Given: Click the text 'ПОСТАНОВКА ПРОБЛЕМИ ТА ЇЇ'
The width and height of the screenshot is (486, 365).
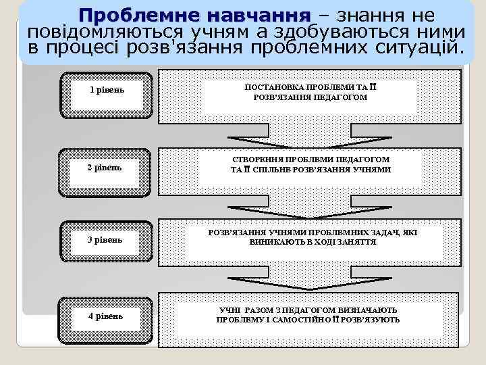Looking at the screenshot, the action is pyautogui.click(x=310, y=88).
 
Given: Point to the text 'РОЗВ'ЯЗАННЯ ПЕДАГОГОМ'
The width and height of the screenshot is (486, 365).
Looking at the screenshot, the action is pyautogui.click(x=310, y=98).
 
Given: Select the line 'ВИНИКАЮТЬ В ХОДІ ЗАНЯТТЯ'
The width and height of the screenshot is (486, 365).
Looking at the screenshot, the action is pyautogui.click(x=313, y=242).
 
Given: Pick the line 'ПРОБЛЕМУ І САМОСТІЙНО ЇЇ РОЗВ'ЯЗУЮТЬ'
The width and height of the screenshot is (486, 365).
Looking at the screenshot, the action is pyautogui.click(x=308, y=320).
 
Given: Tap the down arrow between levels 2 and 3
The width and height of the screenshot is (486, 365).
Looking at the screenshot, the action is pyautogui.click(x=310, y=210).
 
